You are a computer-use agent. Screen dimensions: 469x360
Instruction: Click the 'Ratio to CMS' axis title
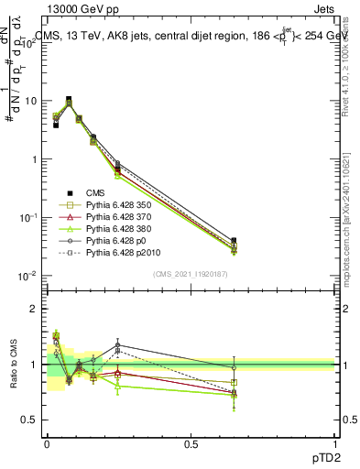tap(12, 364)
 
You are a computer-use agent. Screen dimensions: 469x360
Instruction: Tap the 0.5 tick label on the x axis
tap(191, 443)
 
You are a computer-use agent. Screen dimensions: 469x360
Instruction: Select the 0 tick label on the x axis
tap(47, 443)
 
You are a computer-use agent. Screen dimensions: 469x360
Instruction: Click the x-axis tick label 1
tap(335, 443)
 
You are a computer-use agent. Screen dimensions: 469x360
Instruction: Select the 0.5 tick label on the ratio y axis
tap(33, 420)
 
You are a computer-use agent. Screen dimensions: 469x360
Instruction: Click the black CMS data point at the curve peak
tap(69, 99)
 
